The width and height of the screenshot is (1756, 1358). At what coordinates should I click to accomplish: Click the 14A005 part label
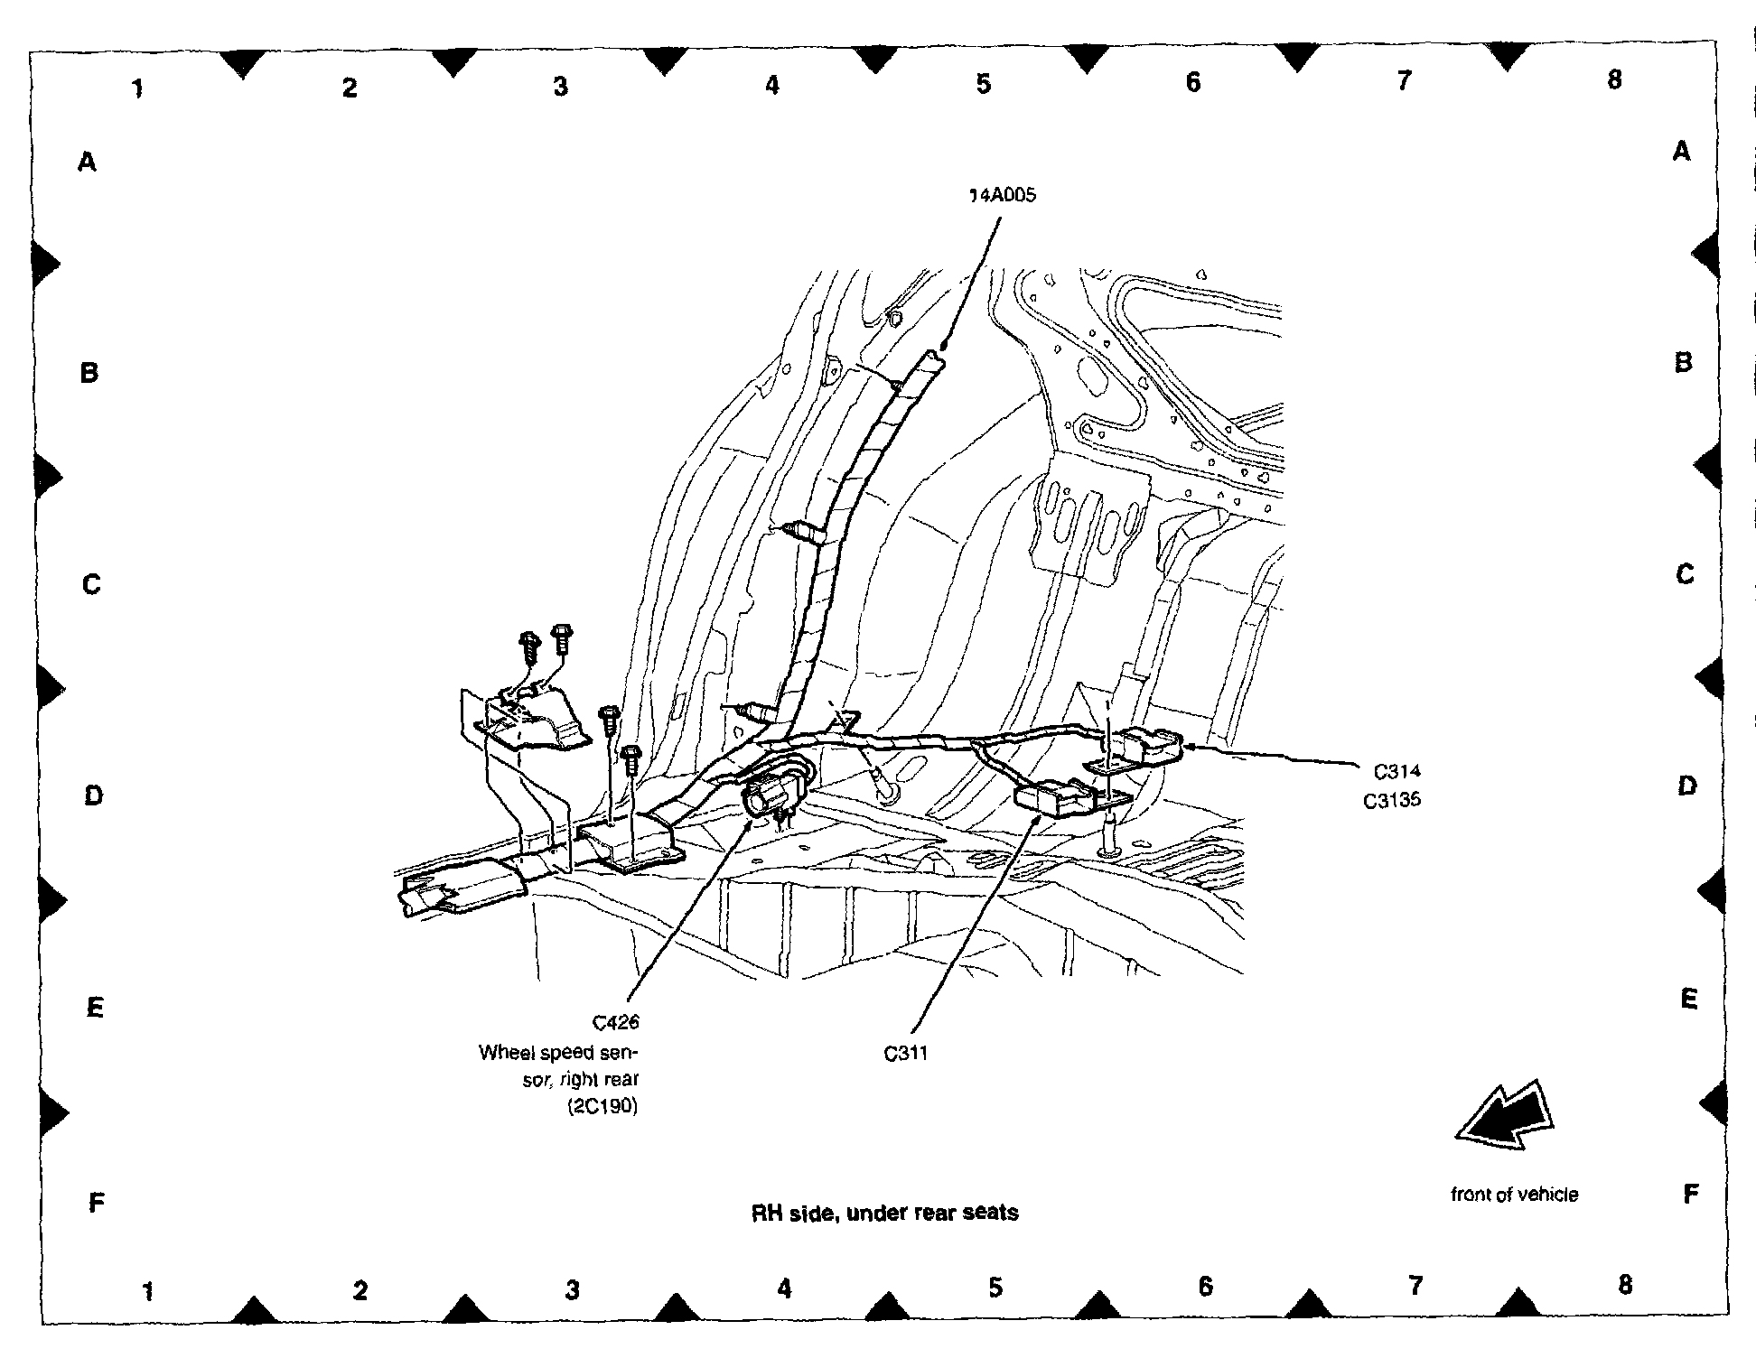(1002, 195)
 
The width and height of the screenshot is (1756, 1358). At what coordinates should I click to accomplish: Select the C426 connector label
(616, 1022)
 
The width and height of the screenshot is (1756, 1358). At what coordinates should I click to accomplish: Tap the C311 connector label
(905, 1053)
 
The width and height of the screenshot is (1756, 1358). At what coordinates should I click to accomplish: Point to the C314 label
(1396, 771)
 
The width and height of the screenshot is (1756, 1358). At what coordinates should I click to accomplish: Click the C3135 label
(1392, 799)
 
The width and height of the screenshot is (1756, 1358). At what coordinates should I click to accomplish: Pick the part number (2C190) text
(602, 1107)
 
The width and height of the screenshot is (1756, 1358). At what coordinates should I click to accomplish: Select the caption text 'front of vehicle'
(1514, 1195)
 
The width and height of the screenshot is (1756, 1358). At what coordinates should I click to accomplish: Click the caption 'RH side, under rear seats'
(884, 1213)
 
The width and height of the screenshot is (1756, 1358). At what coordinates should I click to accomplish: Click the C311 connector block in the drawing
(1053, 798)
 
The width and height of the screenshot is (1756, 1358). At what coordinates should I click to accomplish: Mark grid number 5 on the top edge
(983, 84)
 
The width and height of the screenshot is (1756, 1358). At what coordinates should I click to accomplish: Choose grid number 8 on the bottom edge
(1625, 1284)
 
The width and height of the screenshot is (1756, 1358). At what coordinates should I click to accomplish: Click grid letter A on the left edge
(87, 163)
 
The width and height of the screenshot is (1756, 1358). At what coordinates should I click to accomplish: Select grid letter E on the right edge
(1688, 998)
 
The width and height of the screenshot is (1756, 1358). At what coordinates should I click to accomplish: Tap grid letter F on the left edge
(96, 1203)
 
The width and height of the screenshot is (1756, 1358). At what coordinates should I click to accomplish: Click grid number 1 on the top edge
(137, 88)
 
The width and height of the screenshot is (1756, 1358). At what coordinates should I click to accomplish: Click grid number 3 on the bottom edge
(572, 1290)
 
